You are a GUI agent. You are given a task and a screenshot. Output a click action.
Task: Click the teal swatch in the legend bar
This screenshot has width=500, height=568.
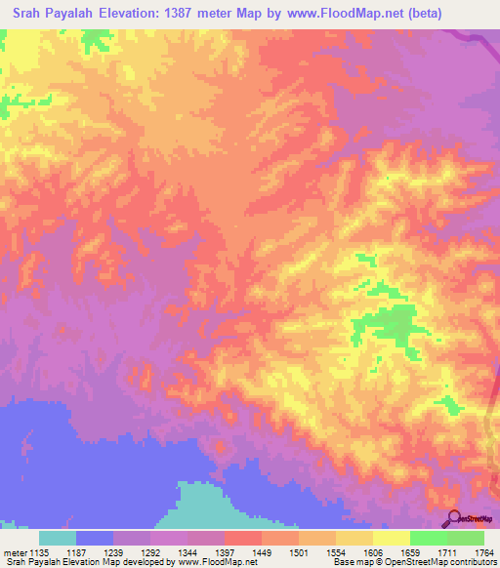[58, 538]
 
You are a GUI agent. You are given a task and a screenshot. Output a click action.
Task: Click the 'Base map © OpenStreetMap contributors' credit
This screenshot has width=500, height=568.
[418, 562]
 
